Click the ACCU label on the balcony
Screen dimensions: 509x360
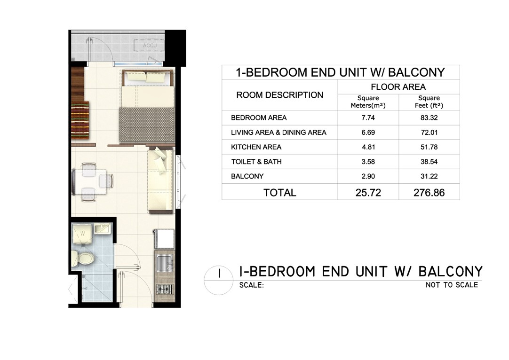[150, 46]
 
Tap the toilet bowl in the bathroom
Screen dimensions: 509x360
[83, 258]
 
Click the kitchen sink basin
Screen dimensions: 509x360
[165, 262]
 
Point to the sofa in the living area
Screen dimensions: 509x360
[160, 180]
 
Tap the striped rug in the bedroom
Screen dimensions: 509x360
[80, 120]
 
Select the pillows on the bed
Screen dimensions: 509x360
[146, 77]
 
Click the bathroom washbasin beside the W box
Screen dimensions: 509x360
[103, 229]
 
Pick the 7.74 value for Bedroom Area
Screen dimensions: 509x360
[368, 118]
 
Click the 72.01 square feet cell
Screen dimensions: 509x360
[429, 133]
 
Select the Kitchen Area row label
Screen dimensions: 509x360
[256, 147]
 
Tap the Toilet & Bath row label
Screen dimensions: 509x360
[256, 162]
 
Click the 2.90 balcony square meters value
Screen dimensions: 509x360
[368, 176]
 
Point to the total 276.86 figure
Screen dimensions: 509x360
[429, 193]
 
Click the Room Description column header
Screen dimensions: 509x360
[279, 95]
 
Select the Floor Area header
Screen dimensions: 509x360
[398, 86]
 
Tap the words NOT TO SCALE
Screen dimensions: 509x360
[452, 285]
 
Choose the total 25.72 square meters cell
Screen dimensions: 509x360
[368, 193]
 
